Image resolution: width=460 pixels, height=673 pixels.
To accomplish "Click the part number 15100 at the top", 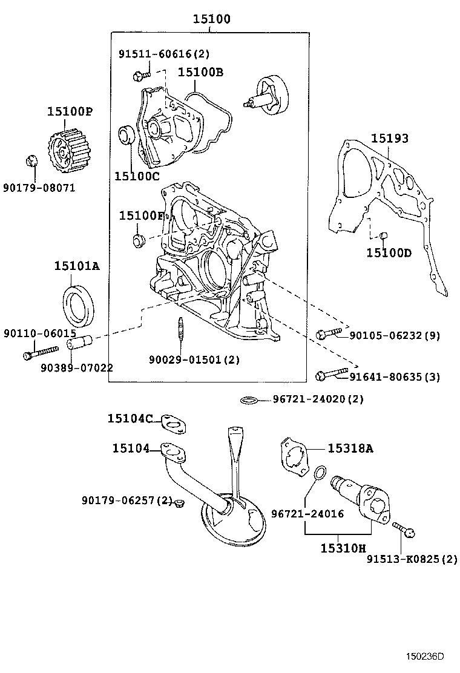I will pos(211,19).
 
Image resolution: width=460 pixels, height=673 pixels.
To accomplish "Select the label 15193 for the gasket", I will pos(389,139).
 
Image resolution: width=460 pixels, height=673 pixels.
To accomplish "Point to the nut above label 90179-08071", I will pos(33,161).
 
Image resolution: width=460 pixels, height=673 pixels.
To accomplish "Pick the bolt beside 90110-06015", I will pos(39,352).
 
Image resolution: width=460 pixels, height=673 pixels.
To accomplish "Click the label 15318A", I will pos(350,448).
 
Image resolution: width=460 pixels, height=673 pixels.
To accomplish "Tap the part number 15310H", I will pos(343,548).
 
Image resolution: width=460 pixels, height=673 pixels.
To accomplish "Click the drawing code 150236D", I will pos(425,656).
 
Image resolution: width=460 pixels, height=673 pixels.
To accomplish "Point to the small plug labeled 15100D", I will pos(383,235).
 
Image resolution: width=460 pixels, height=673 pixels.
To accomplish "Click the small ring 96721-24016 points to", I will pos(323,471).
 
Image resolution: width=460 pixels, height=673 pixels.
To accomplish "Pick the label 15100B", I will pos(200,73).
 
